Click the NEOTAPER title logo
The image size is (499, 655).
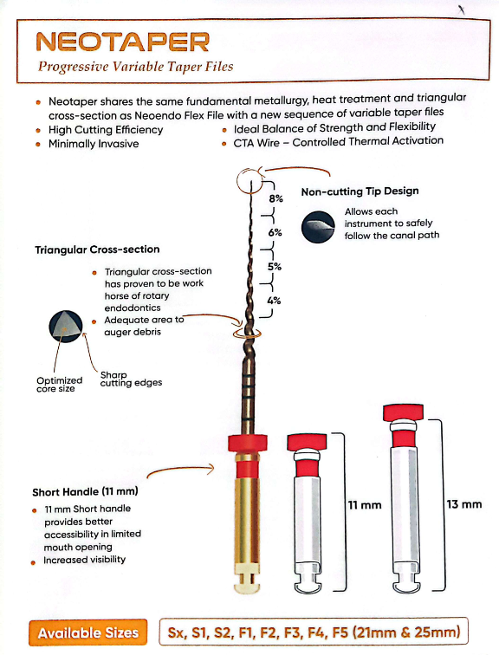click(x=123, y=42)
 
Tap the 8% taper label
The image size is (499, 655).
click(x=275, y=198)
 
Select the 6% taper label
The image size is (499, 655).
click(x=275, y=232)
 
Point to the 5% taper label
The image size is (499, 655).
click(x=275, y=267)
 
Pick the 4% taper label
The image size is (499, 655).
click(x=274, y=301)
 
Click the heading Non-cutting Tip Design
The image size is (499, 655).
click(x=360, y=191)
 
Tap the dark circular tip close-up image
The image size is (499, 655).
click(x=318, y=227)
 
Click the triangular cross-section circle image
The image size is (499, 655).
click(x=66, y=327)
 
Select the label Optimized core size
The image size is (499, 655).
click(x=59, y=385)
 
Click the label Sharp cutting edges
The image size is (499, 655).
click(x=131, y=379)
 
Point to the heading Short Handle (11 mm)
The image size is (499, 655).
click(x=85, y=491)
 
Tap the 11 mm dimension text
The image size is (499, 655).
click(x=365, y=505)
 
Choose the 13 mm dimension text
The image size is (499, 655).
click(x=464, y=504)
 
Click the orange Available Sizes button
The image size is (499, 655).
click(x=88, y=632)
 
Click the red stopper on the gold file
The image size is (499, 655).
click(x=248, y=443)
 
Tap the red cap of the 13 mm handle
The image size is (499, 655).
click(x=403, y=412)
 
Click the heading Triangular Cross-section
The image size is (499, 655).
click(x=97, y=250)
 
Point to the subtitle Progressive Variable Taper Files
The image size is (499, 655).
click(x=135, y=67)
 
